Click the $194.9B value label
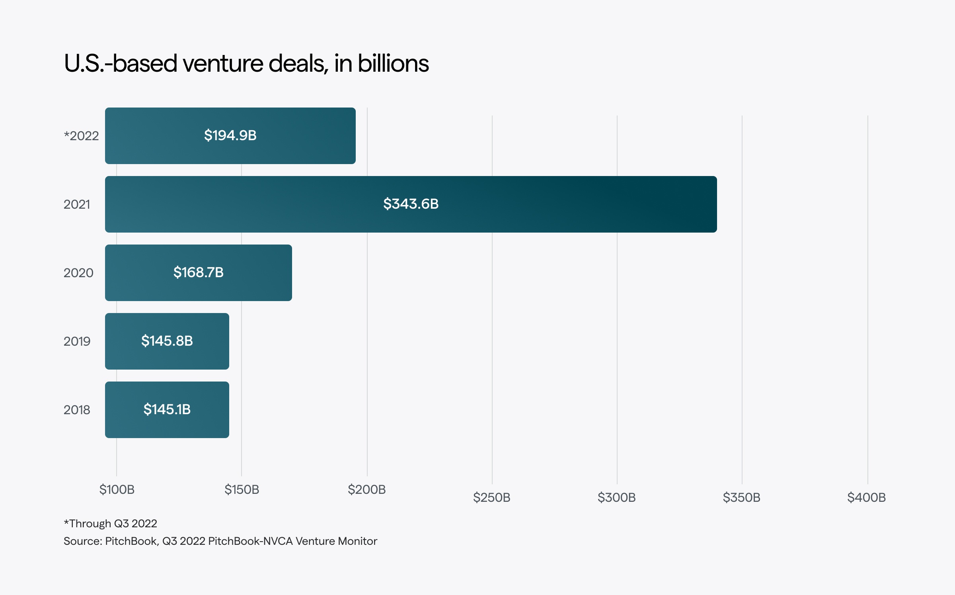[x=230, y=135]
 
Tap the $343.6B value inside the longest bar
[x=411, y=204]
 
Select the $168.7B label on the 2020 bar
[x=198, y=272]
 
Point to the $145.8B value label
[x=167, y=341]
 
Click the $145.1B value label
[x=167, y=409]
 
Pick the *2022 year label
[x=81, y=136]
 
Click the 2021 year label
[x=77, y=204]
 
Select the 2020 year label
[x=78, y=273]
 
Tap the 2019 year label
[x=77, y=341]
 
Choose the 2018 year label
[x=77, y=410]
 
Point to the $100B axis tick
[x=117, y=489]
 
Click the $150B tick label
[x=242, y=489]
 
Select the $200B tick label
[x=366, y=489]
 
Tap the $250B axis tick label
[x=491, y=497]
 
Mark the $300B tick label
[x=616, y=497]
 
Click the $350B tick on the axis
[x=741, y=497]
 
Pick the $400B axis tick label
[x=866, y=497]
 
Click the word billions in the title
[x=393, y=63]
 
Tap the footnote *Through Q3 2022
[x=110, y=523]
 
